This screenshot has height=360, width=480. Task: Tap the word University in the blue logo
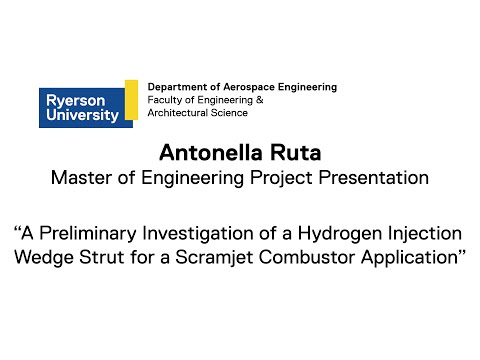click(79, 115)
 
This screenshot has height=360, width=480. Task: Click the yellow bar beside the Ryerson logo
click(131, 100)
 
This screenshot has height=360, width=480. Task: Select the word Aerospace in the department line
click(241, 87)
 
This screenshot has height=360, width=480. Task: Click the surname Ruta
click(296, 154)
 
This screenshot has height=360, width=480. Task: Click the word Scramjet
click(216, 256)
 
